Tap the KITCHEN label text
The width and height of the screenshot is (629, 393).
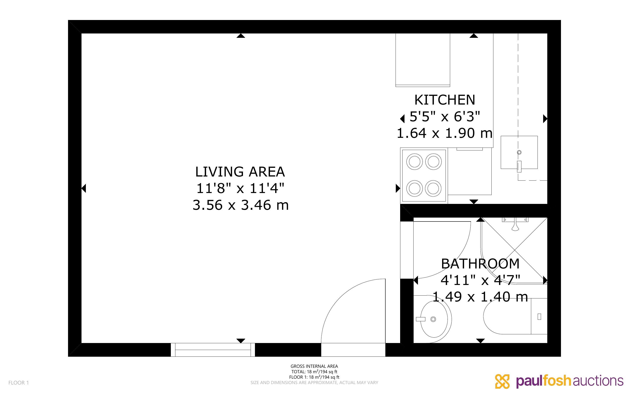(x=444, y=100)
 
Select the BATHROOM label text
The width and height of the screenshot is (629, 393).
(x=480, y=264)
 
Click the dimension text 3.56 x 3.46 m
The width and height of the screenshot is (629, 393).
(x=240, y=205)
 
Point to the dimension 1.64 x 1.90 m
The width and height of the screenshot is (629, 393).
(x=444, y=133)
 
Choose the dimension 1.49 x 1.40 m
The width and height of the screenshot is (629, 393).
(x=480, y=297)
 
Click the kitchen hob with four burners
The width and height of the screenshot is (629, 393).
(x=424, y=175)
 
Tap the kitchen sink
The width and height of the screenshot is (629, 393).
(x=519, y=152)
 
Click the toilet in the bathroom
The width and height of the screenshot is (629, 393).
(x=515, y=316)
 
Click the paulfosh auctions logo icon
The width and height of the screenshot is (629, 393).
(x=502, y=381)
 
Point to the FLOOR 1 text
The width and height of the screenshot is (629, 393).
(x=19, y=383)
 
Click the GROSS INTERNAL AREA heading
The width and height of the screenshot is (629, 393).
(x=314, y=366)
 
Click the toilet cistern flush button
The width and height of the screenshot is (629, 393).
(x=539, y=316)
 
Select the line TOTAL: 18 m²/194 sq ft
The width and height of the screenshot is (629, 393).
(x=314, y=372)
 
